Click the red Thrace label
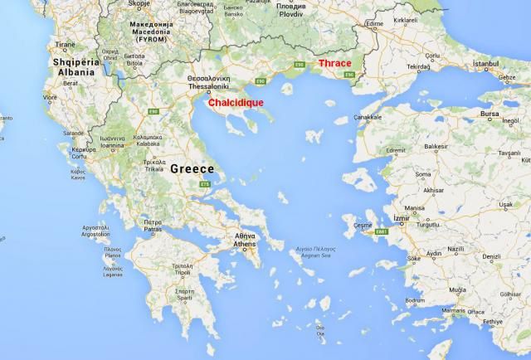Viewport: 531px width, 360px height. tap(334, 64)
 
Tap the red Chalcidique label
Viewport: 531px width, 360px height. tap(235, 102)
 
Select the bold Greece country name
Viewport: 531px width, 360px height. tap(192, 168)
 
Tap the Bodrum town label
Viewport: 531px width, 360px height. tap(415, 300)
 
